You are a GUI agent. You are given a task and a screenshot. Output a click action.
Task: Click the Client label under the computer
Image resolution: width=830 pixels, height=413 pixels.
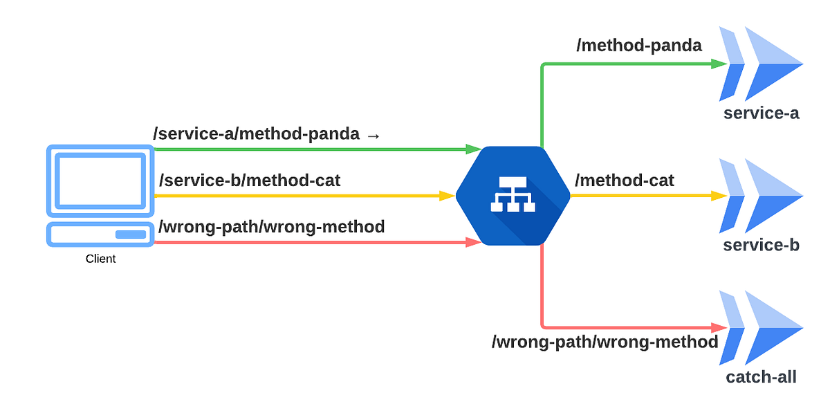[100, 259]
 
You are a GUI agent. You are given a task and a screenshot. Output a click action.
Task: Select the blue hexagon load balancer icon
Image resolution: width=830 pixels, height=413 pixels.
[513, 196]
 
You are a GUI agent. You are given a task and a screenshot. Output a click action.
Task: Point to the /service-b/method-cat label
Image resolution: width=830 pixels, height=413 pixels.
[250, 181]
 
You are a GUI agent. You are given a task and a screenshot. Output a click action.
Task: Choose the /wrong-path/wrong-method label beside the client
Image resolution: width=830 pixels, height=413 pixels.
[272, 226]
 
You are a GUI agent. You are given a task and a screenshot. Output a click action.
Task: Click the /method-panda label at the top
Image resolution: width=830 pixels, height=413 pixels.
[639, 46]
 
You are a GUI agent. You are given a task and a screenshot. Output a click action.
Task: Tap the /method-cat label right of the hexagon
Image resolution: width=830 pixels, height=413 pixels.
[625, 181]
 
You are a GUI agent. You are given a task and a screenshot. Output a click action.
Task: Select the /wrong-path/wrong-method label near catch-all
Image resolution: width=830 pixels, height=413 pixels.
[605, 342]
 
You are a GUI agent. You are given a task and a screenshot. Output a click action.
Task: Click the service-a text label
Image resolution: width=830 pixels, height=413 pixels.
[761, 113]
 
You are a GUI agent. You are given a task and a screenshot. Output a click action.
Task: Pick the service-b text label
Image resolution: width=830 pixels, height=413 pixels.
[761, 246]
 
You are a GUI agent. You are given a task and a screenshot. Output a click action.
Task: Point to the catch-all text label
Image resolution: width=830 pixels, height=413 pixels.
[761, 378]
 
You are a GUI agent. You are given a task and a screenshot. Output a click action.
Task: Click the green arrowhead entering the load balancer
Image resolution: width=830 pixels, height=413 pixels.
[474, 149]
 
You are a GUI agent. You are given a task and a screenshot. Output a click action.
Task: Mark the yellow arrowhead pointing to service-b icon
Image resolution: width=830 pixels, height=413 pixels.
[719, 196]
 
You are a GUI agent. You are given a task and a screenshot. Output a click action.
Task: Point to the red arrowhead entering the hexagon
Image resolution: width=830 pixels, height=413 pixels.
[474, 242]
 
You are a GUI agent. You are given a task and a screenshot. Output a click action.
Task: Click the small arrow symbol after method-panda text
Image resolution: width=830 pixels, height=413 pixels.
[373, 136]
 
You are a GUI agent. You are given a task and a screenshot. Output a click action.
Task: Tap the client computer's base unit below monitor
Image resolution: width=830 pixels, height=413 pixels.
[100, 235]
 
